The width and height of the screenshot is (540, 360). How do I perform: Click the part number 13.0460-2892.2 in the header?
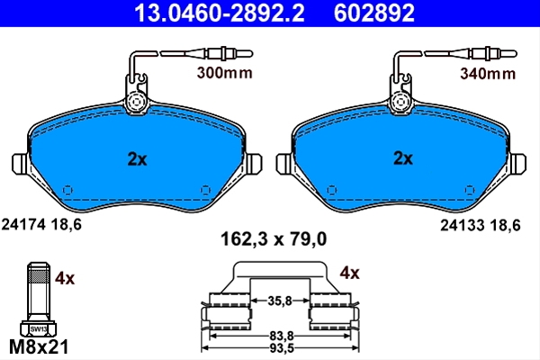219,13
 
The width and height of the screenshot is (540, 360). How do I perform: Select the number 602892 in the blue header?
374,13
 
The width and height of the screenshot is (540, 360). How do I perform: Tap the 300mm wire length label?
224,73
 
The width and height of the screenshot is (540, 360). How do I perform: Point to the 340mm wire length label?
488,74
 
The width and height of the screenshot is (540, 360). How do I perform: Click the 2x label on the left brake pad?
137,159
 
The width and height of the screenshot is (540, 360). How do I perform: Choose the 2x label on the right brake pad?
403,158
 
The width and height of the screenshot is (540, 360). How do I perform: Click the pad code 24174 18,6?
41,225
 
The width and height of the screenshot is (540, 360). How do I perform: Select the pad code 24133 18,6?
481,225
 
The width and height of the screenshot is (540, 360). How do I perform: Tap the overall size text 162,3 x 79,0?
274,239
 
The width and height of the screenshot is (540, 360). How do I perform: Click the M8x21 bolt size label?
39,346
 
